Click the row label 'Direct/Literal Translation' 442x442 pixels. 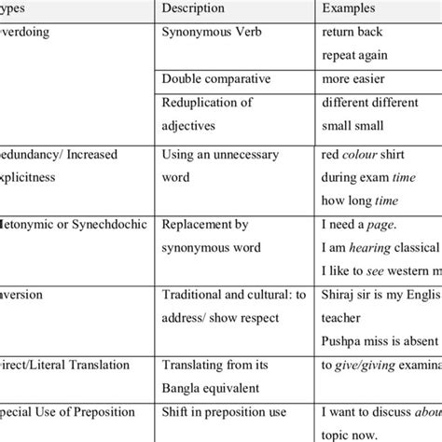(x=65, y=366)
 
